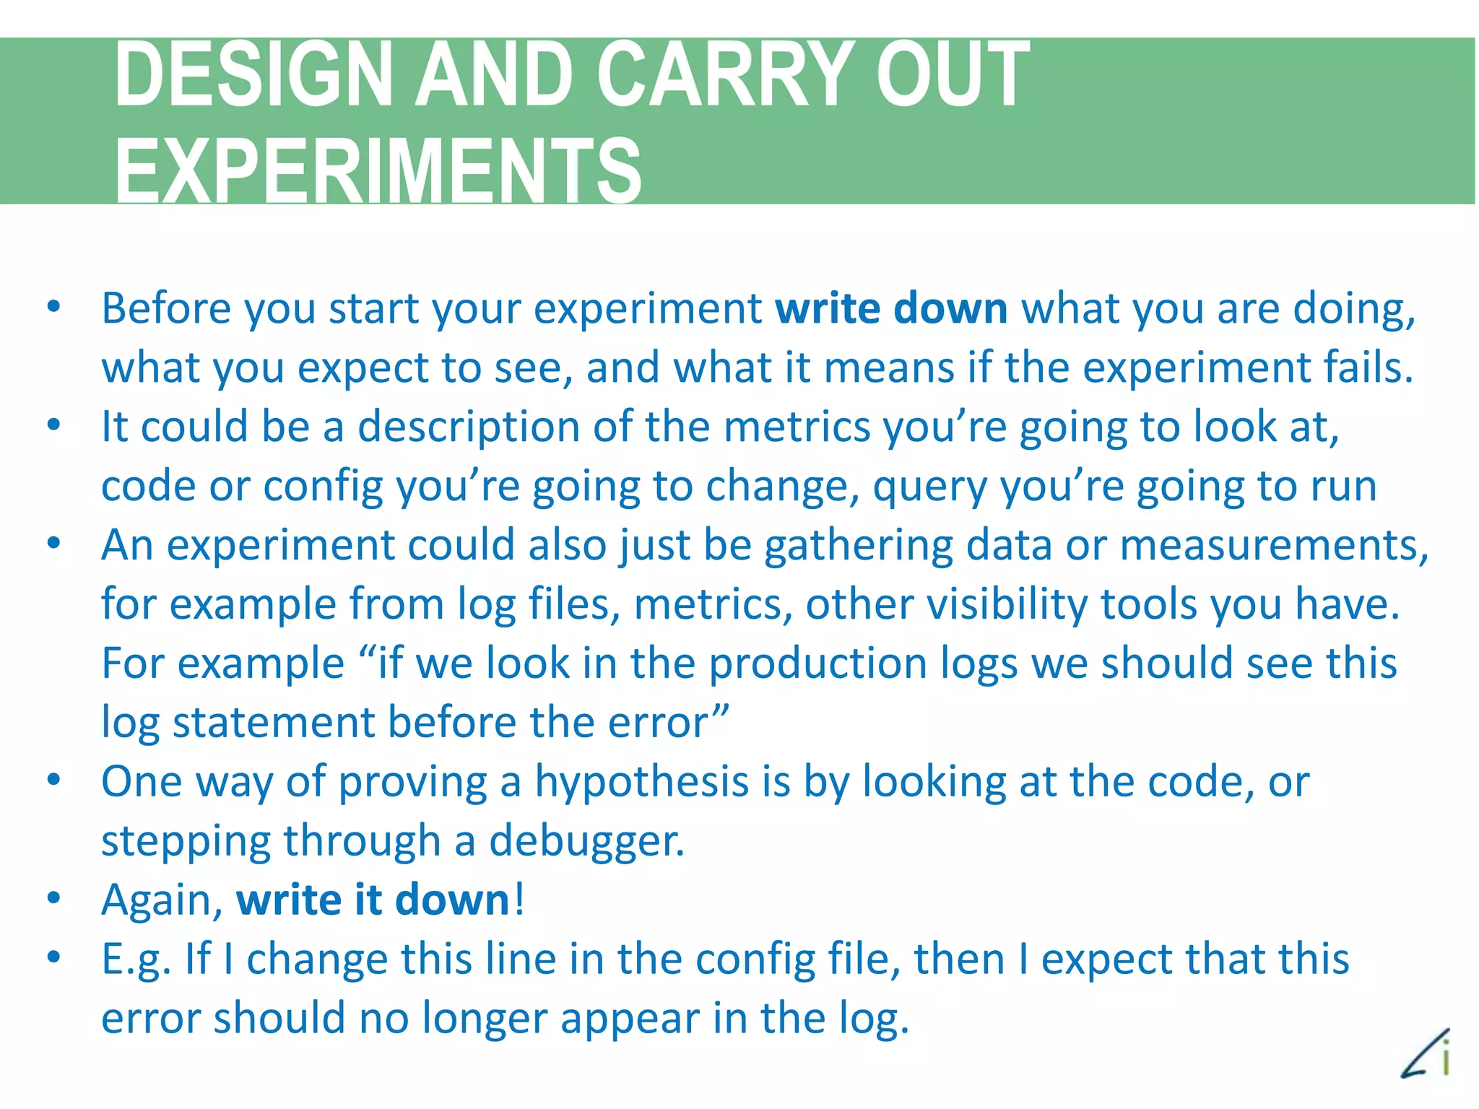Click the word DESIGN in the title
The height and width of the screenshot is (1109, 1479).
tap(253, 74)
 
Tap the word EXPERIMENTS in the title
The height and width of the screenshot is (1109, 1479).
tap(378, 171)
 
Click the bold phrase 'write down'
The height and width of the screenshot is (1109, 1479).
tap(891, 309)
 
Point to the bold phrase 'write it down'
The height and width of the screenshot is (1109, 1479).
tap(373, 900)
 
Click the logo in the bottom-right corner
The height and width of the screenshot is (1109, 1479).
tap(1426, 1054)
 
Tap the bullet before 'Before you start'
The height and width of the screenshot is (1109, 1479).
tap(53, 308)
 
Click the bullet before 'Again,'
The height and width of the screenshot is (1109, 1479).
tap(53, 899)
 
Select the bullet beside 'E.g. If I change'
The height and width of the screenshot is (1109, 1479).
tap(53, 958)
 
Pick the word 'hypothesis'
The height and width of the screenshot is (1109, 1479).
tap(642, 782)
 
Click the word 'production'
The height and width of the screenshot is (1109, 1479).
tap(817, 664)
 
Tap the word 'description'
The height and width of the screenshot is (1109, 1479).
tap(469, 427)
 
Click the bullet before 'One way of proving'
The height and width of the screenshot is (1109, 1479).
tap(53, 780)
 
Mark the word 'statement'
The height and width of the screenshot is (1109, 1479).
tap(273, 723)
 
